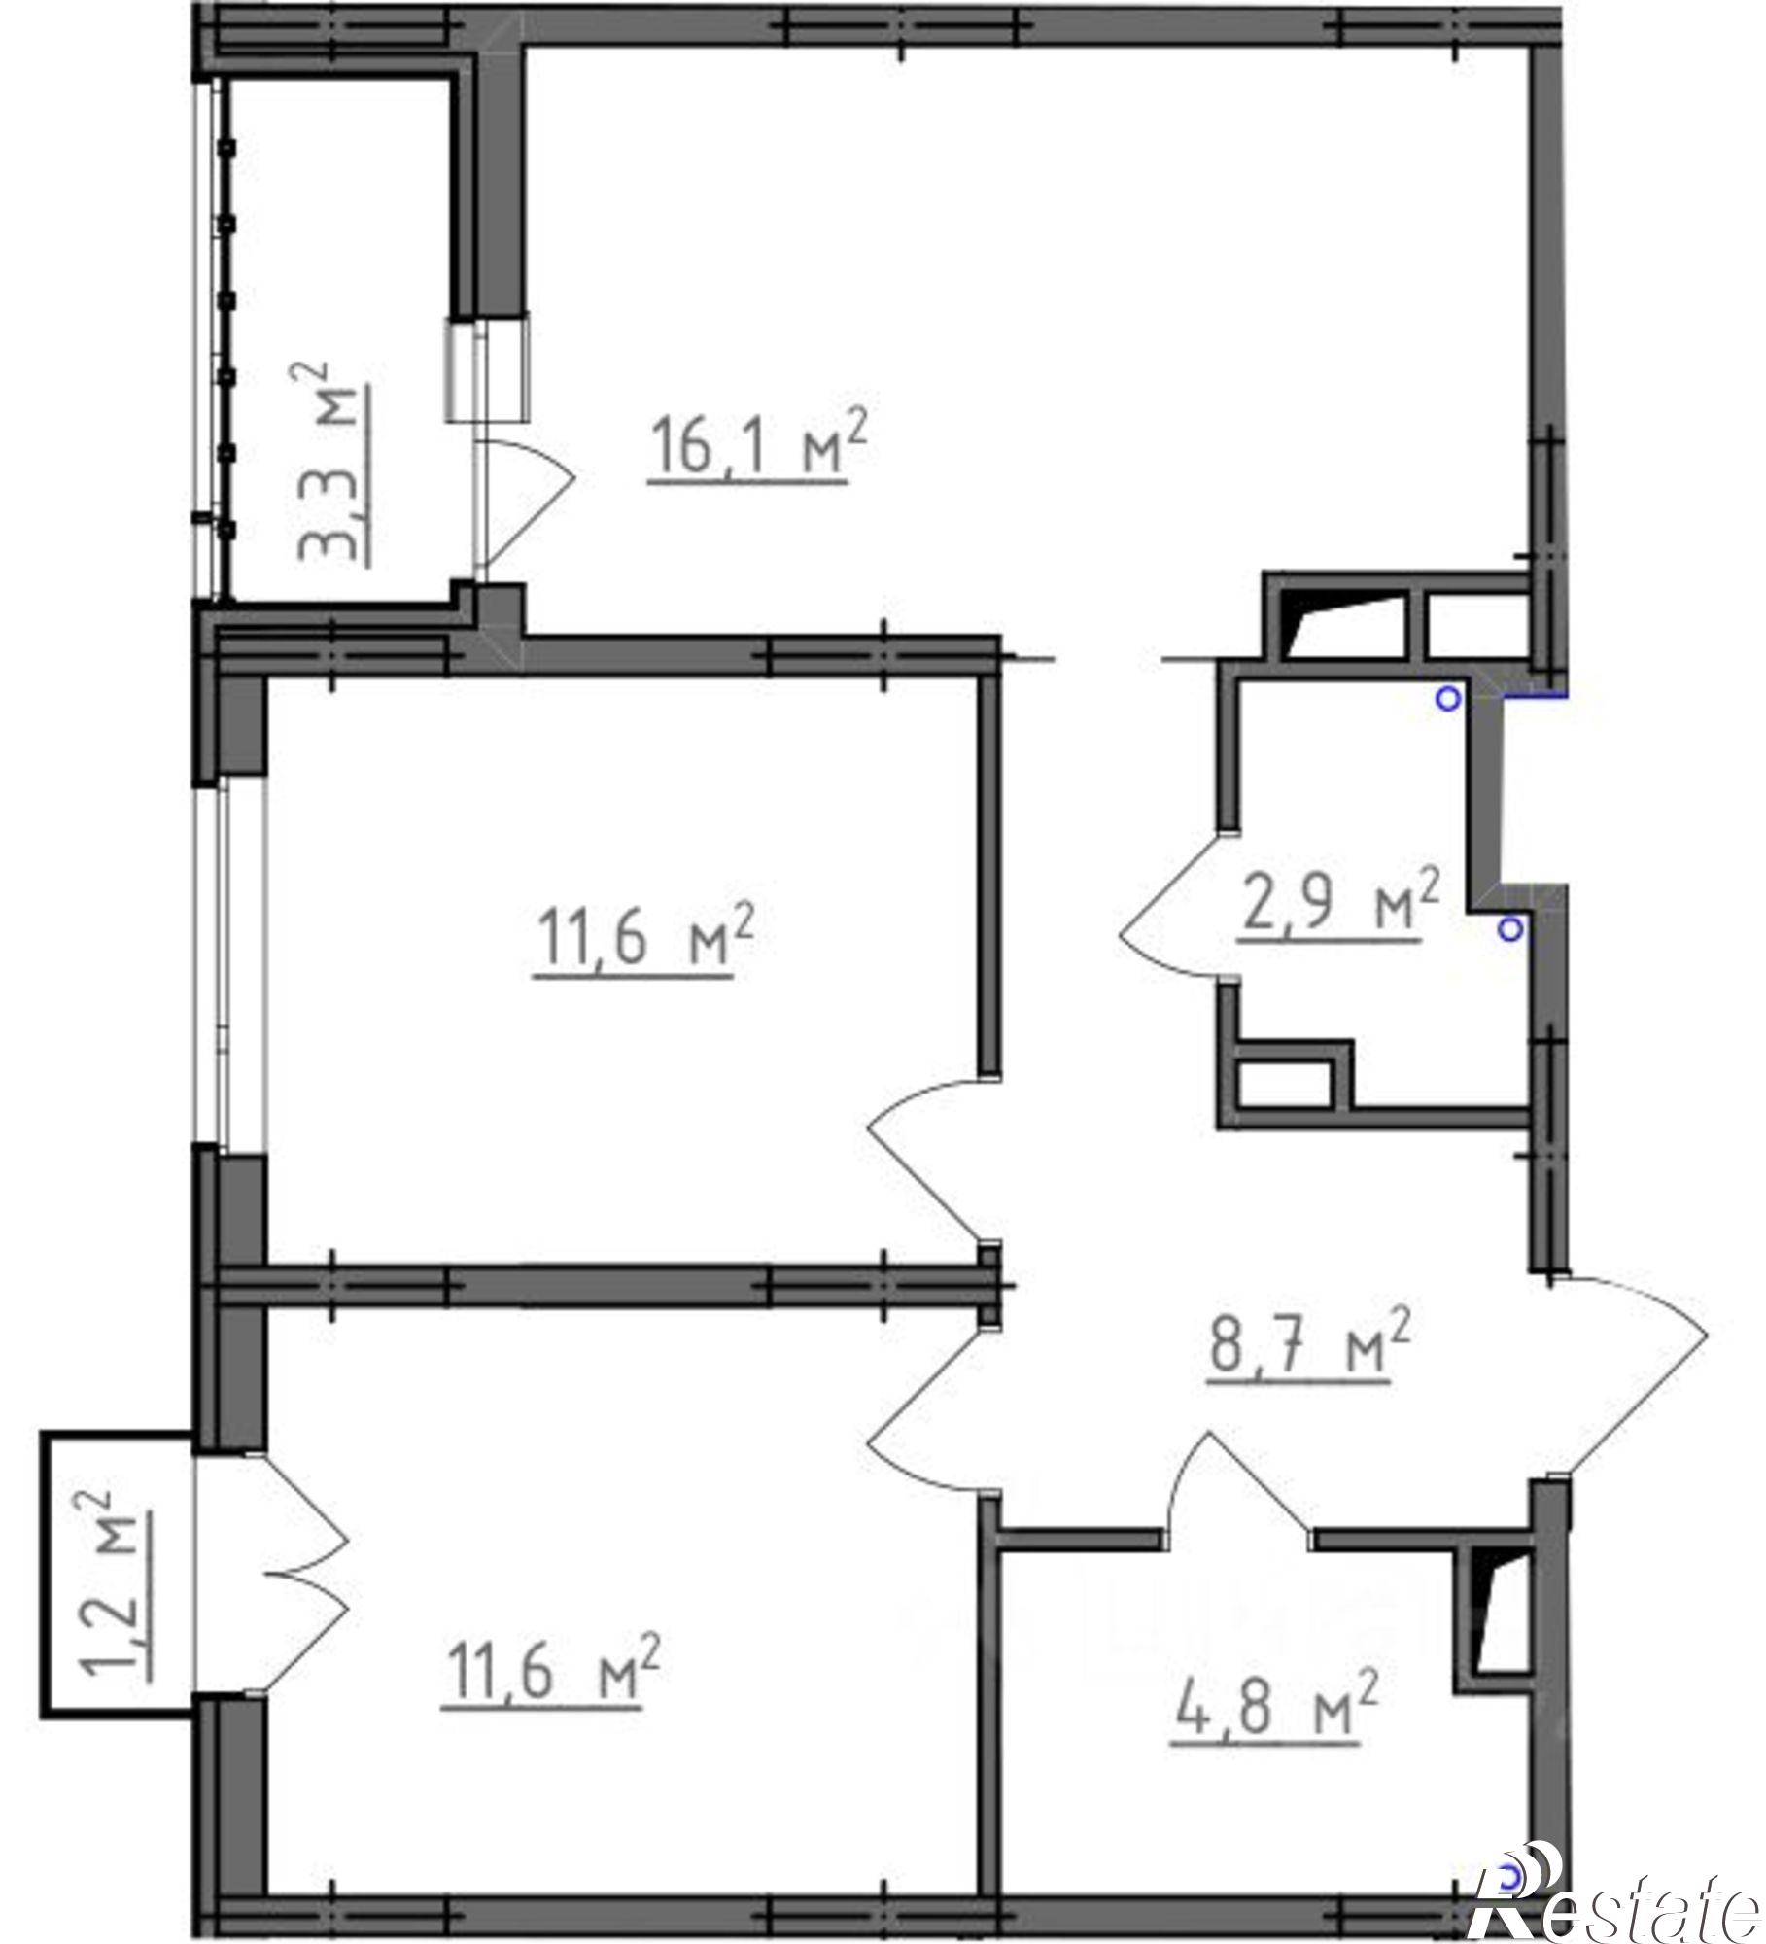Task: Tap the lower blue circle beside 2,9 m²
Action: [x=1508, y=931]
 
